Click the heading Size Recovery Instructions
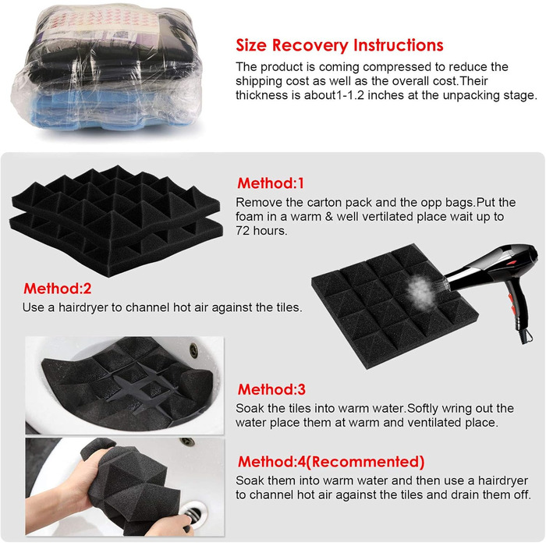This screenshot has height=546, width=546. coord(339,45)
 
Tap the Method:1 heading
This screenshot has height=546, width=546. coord(271,183)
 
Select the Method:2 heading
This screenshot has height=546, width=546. coord(58,289)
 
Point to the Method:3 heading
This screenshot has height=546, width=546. coord(271,389)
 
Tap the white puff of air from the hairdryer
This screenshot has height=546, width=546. coord(420,290)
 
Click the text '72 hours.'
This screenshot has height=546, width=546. coord(261,231)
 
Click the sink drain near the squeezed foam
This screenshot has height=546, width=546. coord(192,513)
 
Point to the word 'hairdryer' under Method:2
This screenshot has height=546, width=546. coord(83,307)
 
